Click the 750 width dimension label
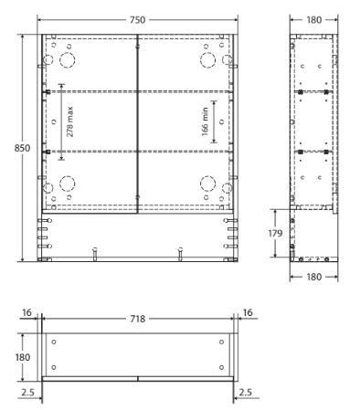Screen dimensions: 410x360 click(x=138, y=17)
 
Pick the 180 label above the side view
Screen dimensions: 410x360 click(x=313, y=17)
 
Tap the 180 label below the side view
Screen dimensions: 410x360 click(x=313, y=278)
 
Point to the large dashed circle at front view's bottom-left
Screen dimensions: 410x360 click(x=68, y=180)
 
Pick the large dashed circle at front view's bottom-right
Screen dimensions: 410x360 click(x=206, y=180)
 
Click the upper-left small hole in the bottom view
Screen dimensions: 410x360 click(x=55, y=343)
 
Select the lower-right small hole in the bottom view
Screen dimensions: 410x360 click(x=221, y=367)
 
